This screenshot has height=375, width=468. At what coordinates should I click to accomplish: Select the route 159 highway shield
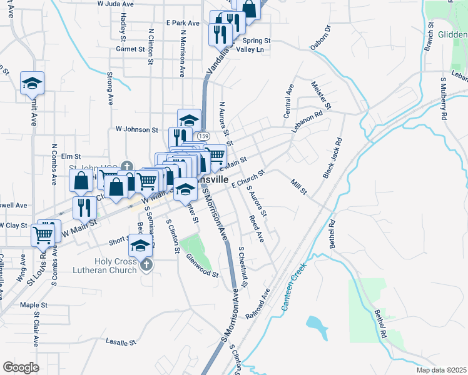[x=203, y=136]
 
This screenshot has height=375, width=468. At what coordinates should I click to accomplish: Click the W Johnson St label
[x=137, y=130]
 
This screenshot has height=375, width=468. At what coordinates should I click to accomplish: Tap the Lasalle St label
[x=121, y=342]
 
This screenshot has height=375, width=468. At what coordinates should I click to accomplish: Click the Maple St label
[x=34, y=305]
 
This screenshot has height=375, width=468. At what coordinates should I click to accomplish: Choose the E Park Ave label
[x=183, y=22]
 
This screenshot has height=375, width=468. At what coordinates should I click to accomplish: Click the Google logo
[x=21, y=367]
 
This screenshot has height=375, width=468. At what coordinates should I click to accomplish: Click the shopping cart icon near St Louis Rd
[x=43, y=236]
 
